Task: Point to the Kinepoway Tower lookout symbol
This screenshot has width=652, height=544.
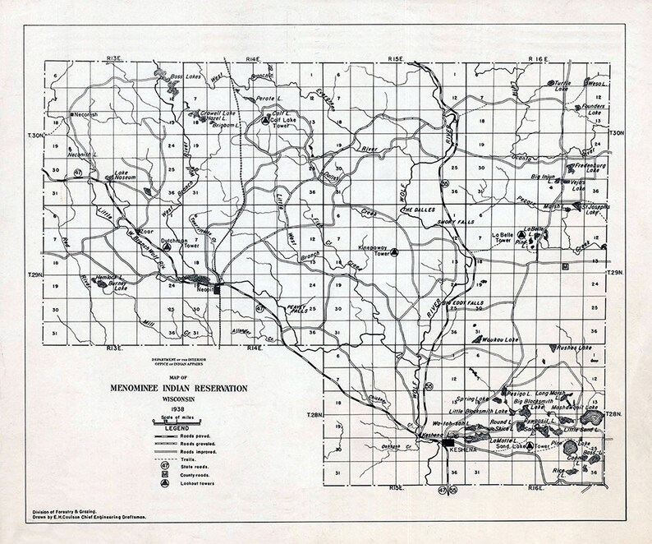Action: pyautogui.click(x=395, y=251)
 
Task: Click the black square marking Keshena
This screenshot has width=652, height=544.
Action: pyautogui.click(x=448, y=444)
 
